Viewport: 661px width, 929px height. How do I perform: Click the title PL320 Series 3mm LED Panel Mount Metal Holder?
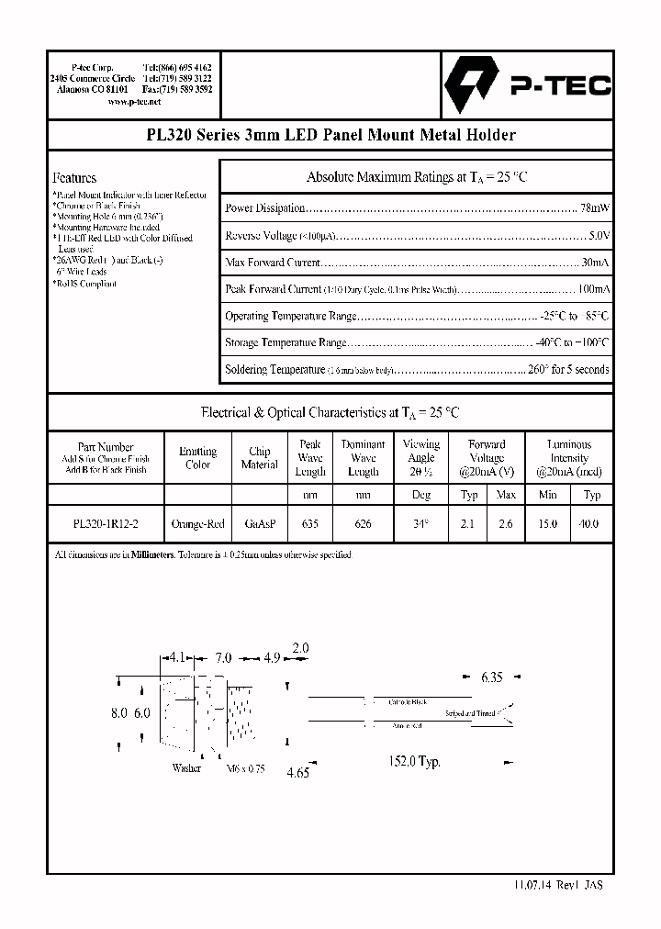[330, 135]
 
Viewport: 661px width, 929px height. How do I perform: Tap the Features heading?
[74, 178]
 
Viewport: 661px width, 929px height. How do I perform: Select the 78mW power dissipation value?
[595, 209]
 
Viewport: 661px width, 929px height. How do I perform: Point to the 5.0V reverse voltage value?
[599, 236]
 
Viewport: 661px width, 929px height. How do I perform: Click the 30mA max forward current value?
[595, 263]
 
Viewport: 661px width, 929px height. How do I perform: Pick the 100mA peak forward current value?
[592, 289]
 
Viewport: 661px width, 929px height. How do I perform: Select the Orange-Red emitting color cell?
[197, 524]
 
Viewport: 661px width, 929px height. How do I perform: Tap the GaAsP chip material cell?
[259, 524]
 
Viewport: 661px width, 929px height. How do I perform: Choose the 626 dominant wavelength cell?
[364, 524]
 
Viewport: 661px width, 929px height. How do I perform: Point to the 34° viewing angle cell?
[421, 524]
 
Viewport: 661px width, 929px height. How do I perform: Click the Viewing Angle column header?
[421, 457]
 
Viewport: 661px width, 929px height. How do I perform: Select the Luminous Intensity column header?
[569, 451]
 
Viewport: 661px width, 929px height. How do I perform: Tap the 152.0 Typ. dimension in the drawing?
[418, 762]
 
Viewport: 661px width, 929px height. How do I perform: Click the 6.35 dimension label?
[491, 678]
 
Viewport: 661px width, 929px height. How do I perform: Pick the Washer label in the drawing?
[186, 768]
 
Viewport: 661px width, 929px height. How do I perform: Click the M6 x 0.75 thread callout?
[245, 769]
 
